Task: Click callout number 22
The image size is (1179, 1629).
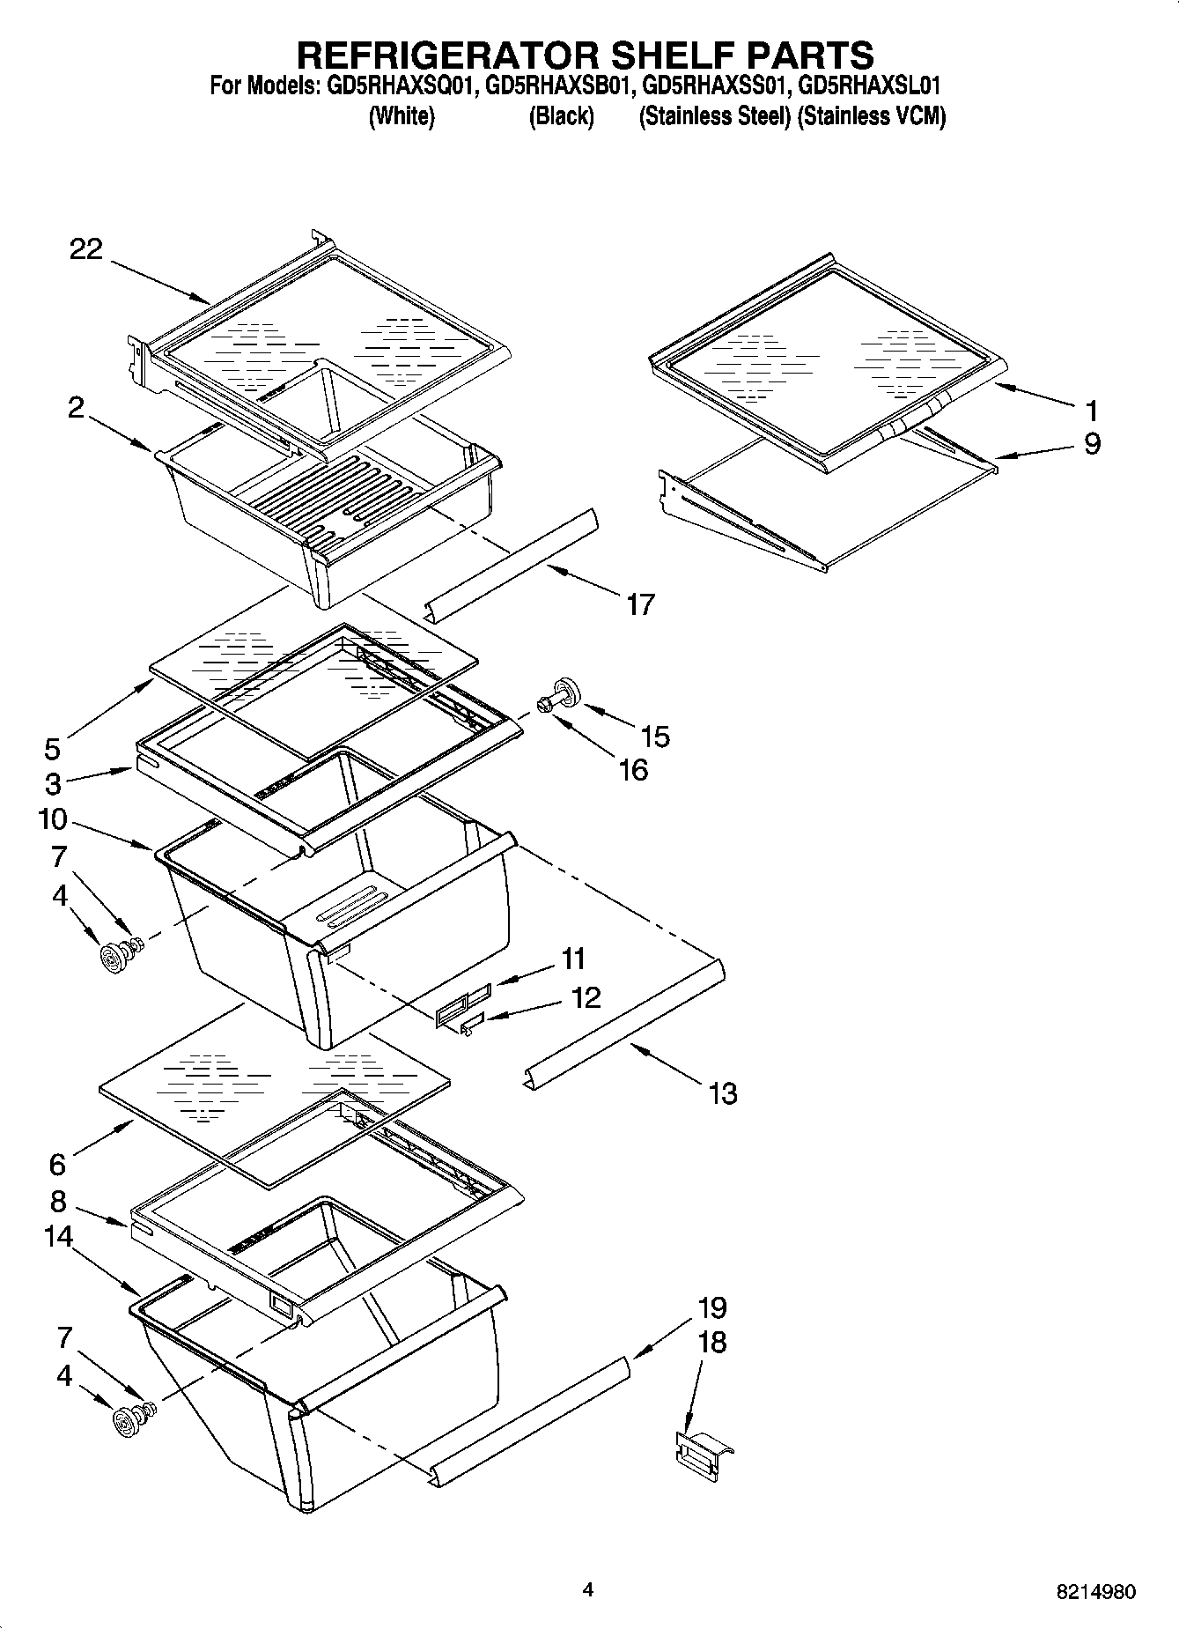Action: coord(86,250)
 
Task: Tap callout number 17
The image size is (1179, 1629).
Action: coord(640,604)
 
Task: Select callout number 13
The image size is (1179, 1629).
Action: coord(722,1093)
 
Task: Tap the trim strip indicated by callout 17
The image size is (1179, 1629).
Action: coord(511,565)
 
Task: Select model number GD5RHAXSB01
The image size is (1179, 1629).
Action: coord(559,86)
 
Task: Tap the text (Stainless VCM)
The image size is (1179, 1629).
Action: coord(871,116)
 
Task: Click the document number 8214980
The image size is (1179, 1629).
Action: coord(1095,1592)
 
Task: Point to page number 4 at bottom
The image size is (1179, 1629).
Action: coord(587,1589)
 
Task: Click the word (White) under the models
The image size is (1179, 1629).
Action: coord(401,116)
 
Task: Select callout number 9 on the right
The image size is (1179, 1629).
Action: coord(1091,443)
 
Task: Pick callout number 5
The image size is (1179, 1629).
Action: coord(53,749)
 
